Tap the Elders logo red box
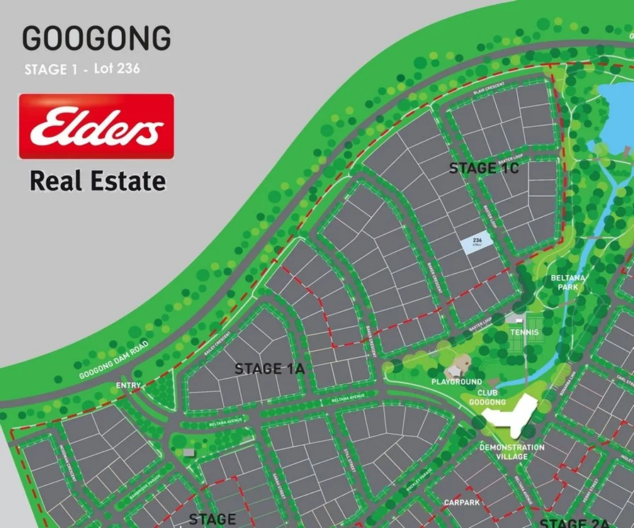(x=96, y=126)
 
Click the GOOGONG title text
(x=96, y=38)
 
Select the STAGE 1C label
(x=485, y=168)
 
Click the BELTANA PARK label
(x=569, y=283)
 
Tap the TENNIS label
(x=524, y=332)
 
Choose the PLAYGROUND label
(x=457, y=382)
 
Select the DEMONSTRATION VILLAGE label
(x=512, y=451)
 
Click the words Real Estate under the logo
(x=97, y=181)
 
